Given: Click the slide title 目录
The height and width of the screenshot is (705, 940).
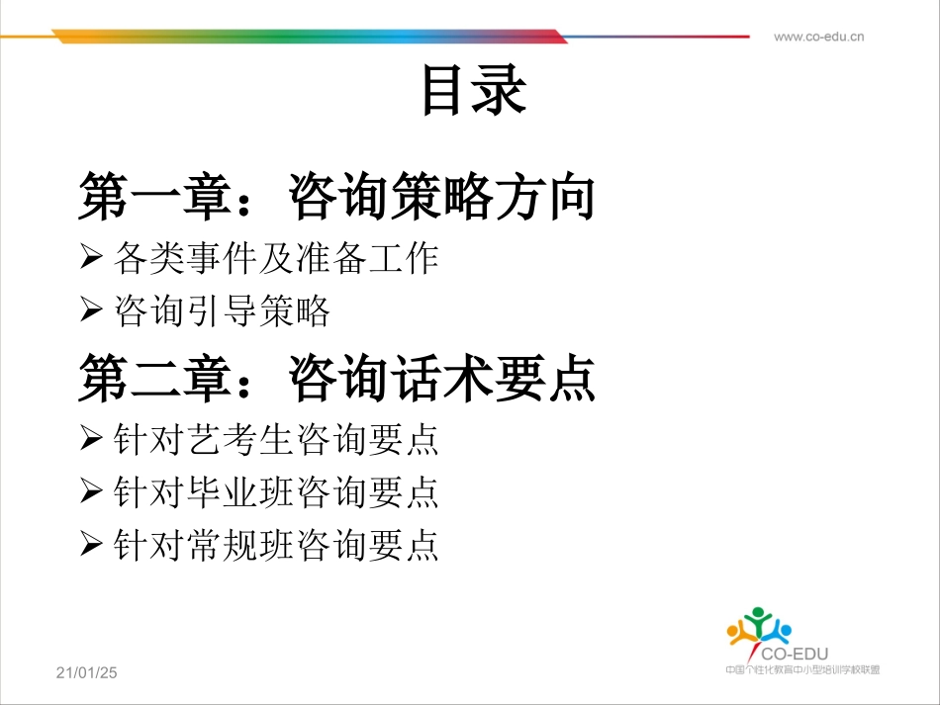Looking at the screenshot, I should tap(473, 91).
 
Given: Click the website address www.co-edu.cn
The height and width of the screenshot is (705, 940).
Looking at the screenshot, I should tap(818, 38).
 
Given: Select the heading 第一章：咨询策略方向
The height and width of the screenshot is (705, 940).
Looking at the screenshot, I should tap(336, 197).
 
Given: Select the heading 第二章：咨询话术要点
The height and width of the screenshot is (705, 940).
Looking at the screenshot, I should tap(336, 378).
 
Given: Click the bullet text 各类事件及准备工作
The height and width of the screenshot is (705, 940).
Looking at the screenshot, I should tap(276, 259).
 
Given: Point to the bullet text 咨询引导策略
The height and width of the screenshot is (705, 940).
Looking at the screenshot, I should tap(222, 311).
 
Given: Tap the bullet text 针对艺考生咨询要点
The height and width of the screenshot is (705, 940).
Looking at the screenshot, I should tap(276, 440).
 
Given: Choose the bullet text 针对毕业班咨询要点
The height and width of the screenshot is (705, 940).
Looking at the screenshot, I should tap(276, 492).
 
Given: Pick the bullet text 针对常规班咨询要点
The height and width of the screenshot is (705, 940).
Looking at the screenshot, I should tap(276, 545).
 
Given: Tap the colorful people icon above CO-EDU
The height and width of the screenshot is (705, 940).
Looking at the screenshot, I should tap(759, 626).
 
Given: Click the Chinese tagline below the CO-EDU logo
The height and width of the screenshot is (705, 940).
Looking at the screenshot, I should tap(801, 669).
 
